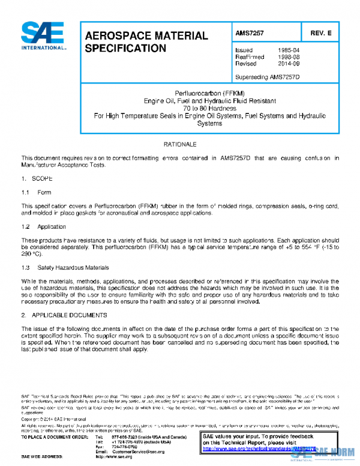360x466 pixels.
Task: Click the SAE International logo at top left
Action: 43,37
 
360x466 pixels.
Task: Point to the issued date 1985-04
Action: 289,50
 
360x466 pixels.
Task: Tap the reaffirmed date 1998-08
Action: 289,56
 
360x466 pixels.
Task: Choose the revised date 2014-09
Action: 289,63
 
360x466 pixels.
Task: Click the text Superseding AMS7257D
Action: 268,76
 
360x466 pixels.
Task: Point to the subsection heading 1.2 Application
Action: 43,227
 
